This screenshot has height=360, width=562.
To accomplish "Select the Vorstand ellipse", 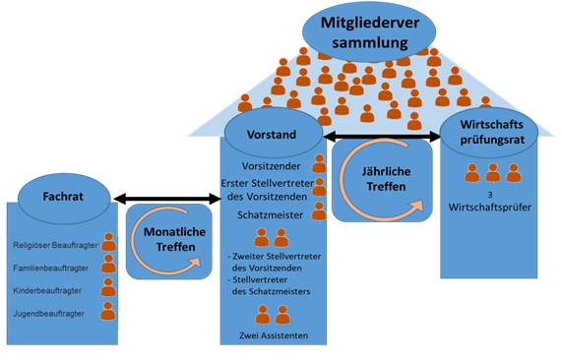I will coord(274,130).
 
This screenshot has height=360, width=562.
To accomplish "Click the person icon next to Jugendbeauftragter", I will coord(108,312).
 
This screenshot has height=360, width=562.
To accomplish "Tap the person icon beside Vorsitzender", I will coord(319,163).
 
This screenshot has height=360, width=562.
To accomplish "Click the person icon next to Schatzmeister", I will coord(319,211).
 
